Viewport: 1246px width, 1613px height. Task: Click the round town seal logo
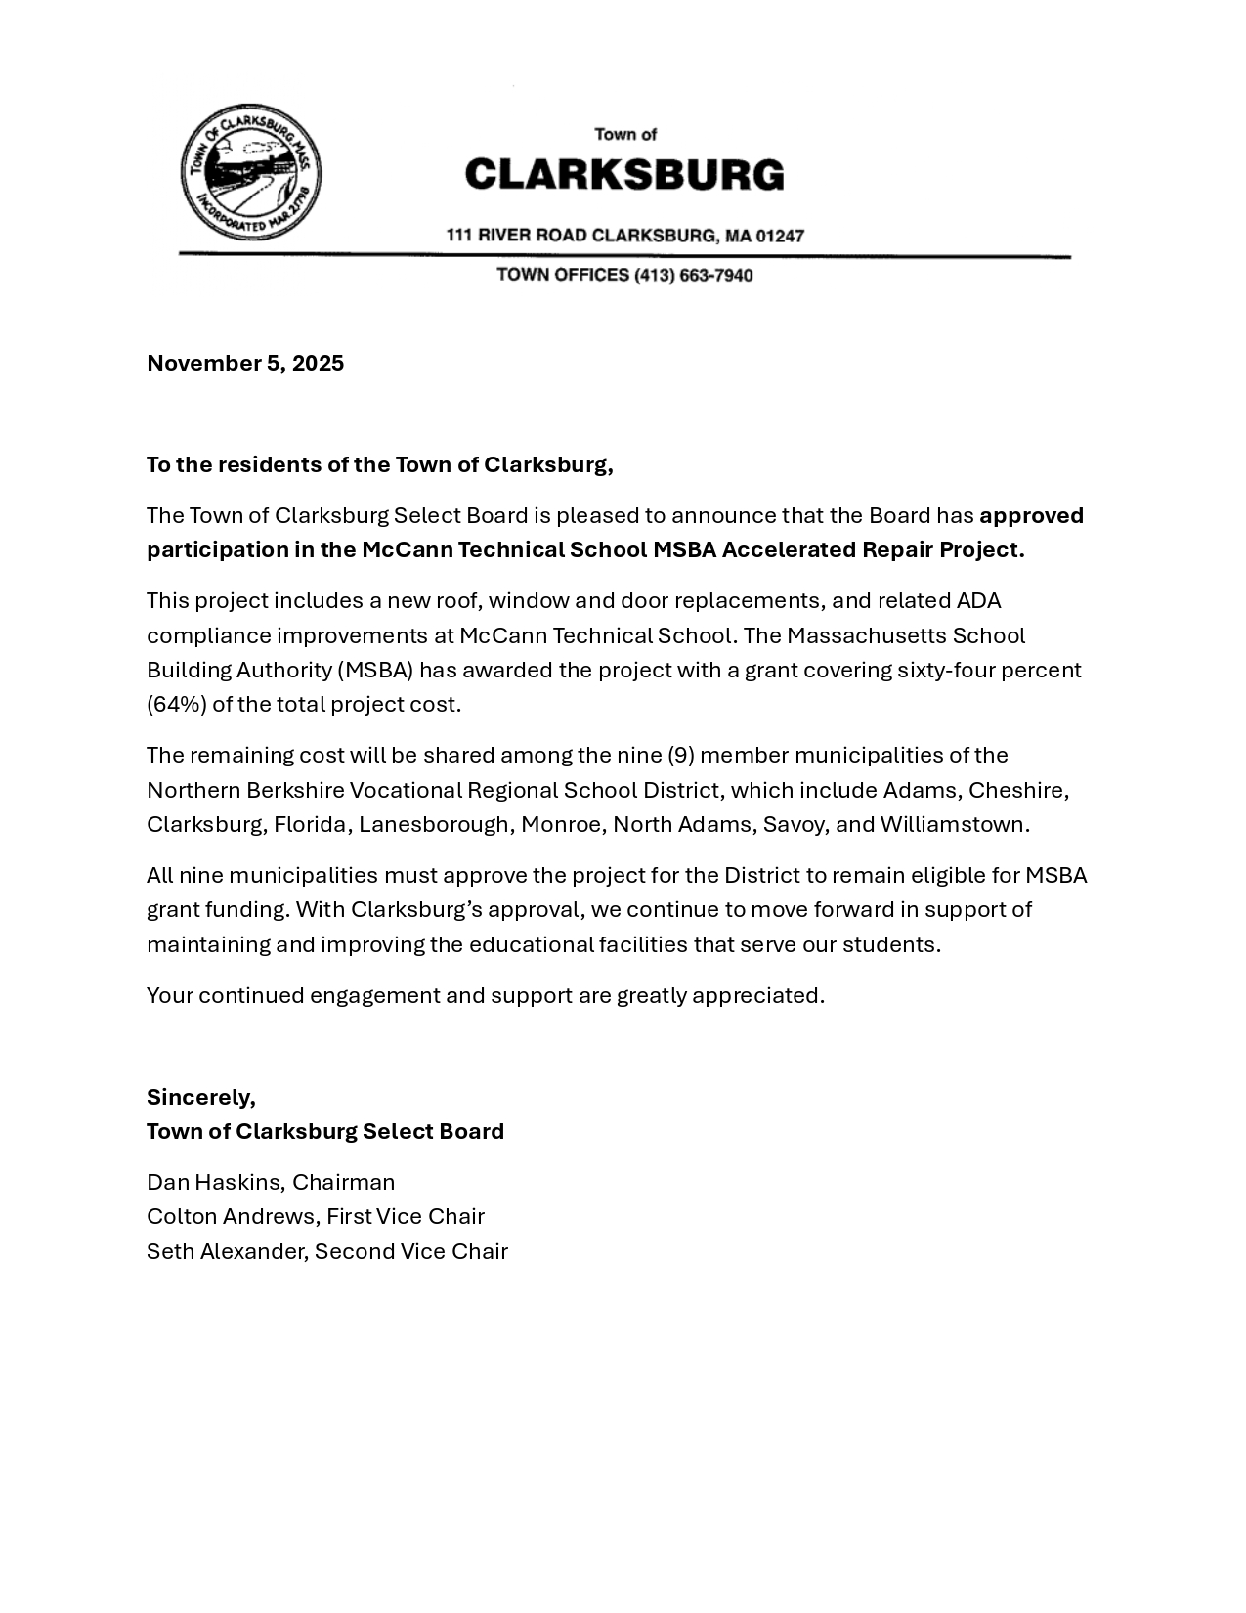pos(250,173)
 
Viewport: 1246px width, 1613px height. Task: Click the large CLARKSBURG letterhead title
pos(623,175)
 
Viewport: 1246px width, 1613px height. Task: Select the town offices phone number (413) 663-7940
pos(694,276)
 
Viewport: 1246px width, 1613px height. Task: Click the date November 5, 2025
pos(245,364)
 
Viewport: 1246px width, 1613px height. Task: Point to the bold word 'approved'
pos(1031,515)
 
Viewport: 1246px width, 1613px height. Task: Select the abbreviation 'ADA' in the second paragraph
pos(978,600)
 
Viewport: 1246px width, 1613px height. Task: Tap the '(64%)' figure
pos(176,704)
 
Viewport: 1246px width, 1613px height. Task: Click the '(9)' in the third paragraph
pos(680,755)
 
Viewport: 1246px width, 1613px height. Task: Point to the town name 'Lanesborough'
pos(434,824)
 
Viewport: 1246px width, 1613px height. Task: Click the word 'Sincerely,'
pos(201,1097)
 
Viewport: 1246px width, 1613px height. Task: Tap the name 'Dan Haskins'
pos(214,1182)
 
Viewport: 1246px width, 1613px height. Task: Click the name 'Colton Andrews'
pos(232,1216)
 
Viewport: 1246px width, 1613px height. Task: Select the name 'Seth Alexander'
pos(226,1251)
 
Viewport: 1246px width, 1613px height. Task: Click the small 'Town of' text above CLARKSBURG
pos(625,135)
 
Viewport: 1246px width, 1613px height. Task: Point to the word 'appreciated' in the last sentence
pos(756,995)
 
